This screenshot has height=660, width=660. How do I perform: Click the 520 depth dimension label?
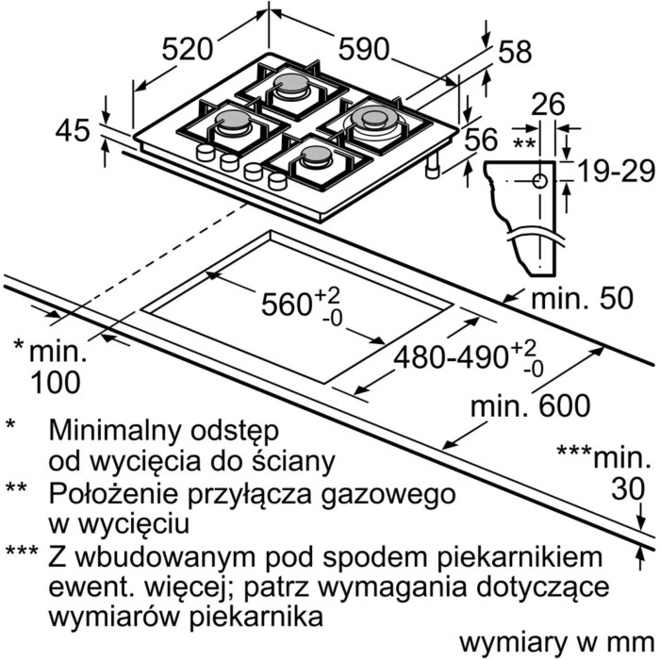pos(187,49)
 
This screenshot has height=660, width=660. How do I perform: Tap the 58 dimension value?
pos(515,52)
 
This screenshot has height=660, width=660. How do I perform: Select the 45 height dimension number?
pos(73,130)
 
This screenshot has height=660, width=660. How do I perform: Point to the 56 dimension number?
pos(481,140)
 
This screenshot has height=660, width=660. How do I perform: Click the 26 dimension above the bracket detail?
pos(548,104)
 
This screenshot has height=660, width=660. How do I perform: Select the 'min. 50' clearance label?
pos(582,298)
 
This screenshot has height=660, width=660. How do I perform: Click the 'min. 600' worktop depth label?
pos(530,405)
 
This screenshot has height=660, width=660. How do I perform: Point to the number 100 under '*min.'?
pos(56,382)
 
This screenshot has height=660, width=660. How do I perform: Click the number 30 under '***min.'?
pos(628,488)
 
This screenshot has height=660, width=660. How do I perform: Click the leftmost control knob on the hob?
pos(205,152)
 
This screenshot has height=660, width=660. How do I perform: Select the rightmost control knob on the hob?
pos(277,181)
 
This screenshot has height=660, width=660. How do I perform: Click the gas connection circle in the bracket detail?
pos(539,181)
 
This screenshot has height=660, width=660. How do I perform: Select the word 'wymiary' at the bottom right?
pos(512,643)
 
